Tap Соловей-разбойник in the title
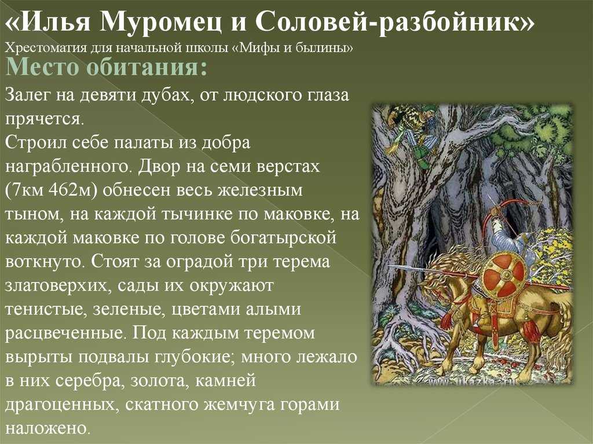394,22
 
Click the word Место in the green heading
43,67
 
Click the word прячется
43,120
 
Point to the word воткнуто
43,261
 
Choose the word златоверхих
57,286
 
